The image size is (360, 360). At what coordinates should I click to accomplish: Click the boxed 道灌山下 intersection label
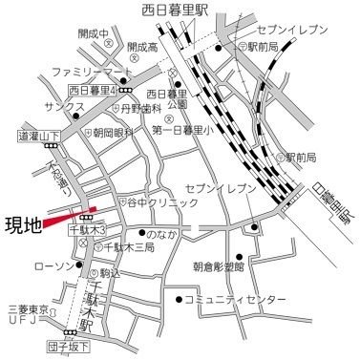coord(38,137)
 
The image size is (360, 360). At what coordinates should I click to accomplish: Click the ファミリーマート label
coord(92,73)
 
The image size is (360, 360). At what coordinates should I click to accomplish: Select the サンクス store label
coord(46,108)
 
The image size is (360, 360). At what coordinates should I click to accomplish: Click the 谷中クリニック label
coord(163,203)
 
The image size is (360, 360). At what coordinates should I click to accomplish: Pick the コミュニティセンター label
coord(234,300)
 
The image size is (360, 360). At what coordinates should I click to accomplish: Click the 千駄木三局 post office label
coord(132,247)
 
